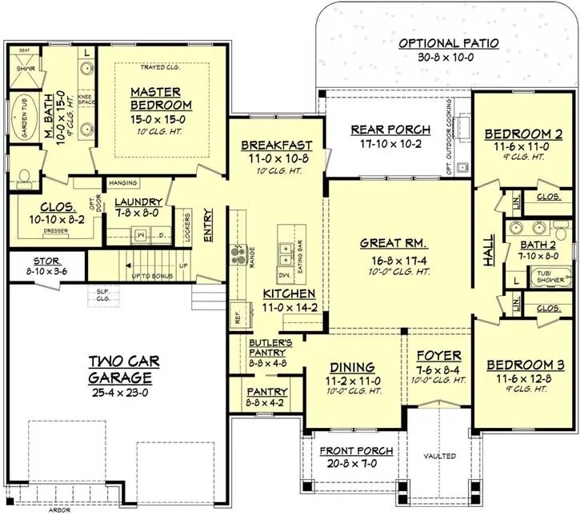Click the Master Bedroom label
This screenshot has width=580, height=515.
pyautogui.click(x=161, y=98)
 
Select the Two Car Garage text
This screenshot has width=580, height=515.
pyautogui.click(x=121, y=369)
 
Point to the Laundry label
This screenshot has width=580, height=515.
pyautogui.click(x=138, y=202)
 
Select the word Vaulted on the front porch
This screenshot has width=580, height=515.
pyautogui.click(x=441, y=456)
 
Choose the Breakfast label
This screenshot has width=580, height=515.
pyautogui.click(x=275, y=146)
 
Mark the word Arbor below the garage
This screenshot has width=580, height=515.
pyautogui.click(x=58, y=508)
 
